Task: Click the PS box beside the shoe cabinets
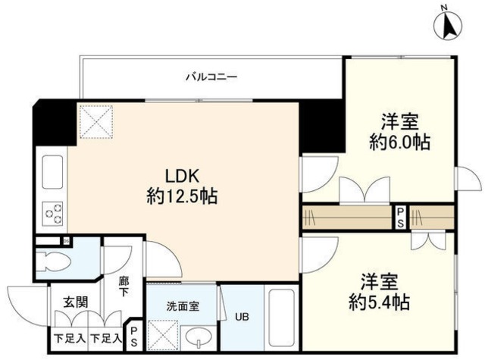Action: tap(133, 334)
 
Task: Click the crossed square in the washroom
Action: tap(162, 334)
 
